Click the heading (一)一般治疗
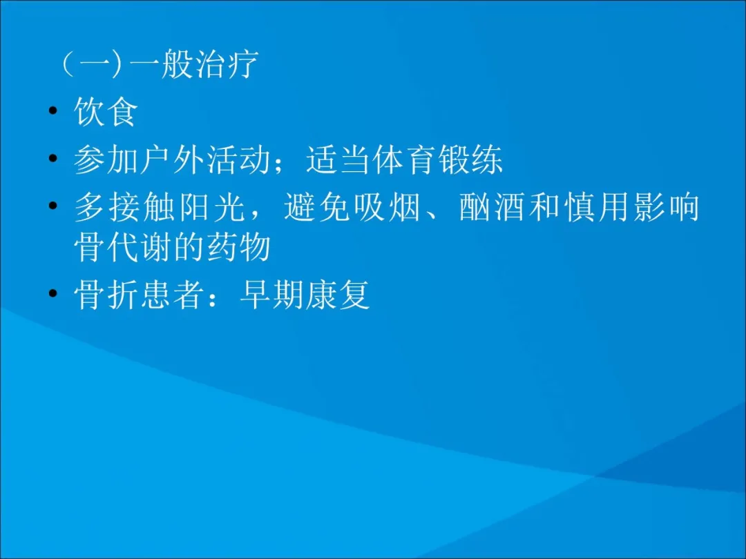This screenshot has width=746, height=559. click(x=159, y=66)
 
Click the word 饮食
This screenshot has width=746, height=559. click(x=106, y=113)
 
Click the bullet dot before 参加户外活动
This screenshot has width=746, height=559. click(x=53, y=161)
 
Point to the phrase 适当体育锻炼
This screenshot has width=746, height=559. click(x=405, y=161)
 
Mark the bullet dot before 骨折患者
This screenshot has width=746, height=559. click(x=53, y=295)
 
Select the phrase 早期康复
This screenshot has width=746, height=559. click(x=305, y=295)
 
